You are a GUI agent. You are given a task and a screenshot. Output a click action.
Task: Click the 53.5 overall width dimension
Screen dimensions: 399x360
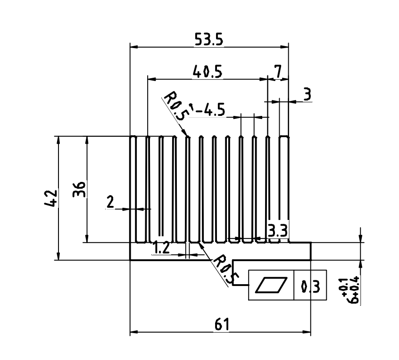coord(209,40)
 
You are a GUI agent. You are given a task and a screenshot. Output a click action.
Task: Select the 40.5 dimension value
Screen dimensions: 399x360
coord(208,72)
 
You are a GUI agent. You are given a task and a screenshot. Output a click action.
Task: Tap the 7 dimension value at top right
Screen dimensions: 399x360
coord(278,72)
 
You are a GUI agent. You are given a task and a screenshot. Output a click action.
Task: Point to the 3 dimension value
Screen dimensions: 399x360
coord(308,94)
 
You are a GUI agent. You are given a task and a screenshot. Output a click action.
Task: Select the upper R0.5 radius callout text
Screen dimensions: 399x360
coord(175,106)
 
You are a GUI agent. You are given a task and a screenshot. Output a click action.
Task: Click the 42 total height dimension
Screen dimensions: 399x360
coord(51,198)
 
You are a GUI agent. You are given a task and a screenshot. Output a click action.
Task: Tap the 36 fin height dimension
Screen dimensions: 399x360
coord(79,189)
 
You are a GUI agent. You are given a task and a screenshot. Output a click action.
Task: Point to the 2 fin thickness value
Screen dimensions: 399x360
coord(110,202)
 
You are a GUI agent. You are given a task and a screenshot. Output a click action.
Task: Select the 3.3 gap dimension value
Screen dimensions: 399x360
coord(277,230)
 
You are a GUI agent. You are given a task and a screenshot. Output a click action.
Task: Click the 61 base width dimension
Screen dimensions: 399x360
coord(222,324)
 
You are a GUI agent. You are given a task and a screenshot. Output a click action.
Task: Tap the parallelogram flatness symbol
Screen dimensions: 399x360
coord(271,285)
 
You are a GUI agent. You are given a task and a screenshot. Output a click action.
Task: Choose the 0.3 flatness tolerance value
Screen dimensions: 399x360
coord(310,286)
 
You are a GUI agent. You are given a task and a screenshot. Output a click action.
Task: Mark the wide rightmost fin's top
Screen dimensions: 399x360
coord(284,137)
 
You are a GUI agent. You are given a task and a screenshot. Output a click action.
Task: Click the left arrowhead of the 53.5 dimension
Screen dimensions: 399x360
coord(134,47)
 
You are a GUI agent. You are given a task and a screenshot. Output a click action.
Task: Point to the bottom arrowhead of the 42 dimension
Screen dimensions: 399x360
coord(58,256)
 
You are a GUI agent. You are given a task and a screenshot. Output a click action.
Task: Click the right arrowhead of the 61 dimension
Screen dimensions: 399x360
coord(307,332)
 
